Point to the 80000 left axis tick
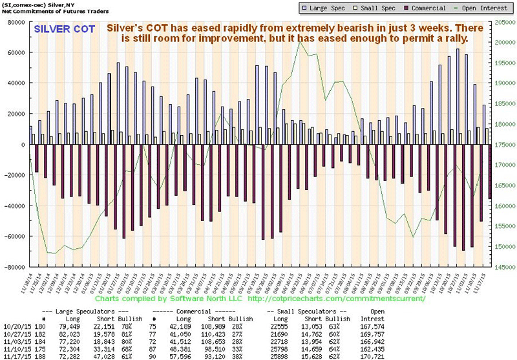[x=14, y=22]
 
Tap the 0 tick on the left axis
[x=21, y=144]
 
